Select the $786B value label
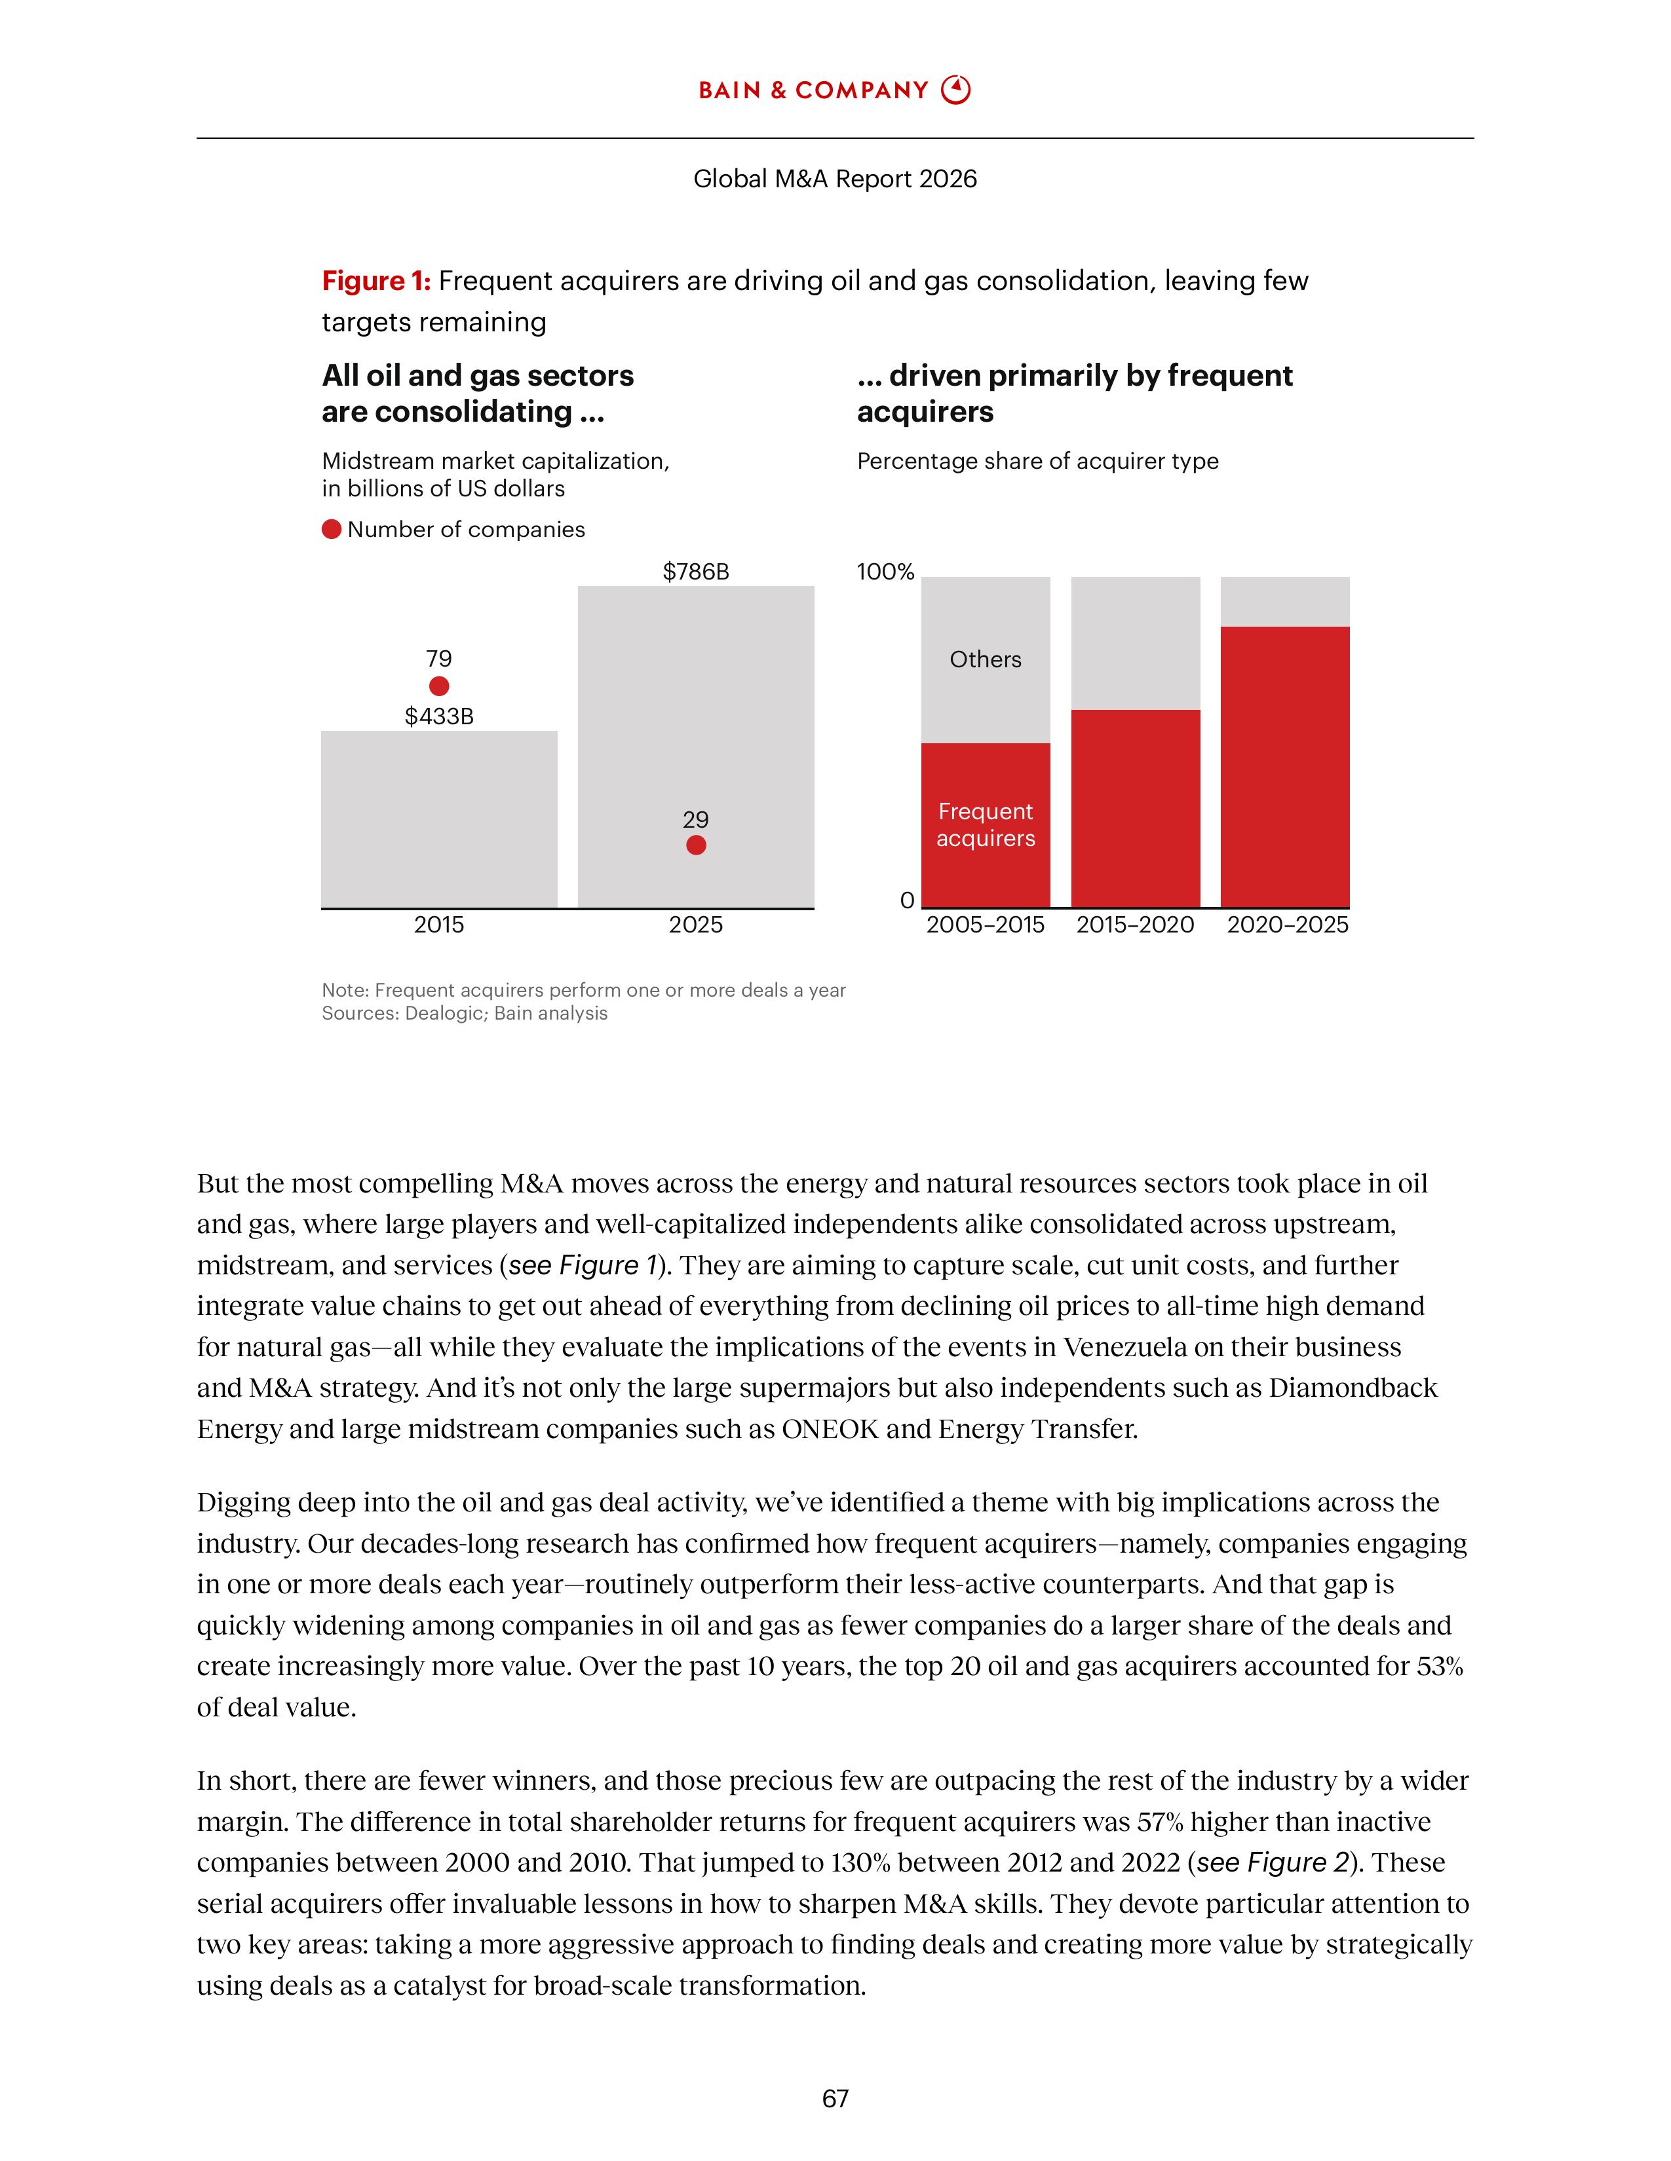click(x=696, y=572)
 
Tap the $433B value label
click(x=438, y=716)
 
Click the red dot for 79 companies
click(x=438, y=686)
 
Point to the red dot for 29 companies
click(x=696, y=845)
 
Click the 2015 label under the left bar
click(x=438, y=925)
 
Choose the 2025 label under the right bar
click(x=696, y=925)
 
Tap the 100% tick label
click(x=885, y=572)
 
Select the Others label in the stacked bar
click(x=985, y=660)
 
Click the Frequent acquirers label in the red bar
click(x=985, y=825)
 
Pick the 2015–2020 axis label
click(x=1136, y=925)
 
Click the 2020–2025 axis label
click(x=1287, y=925)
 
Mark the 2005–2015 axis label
click(x=985, y=925)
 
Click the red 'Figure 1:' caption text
click(x=376, y=282)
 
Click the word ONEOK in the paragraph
click(x=830, y=1430)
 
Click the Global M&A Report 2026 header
click(x=834, y=179)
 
